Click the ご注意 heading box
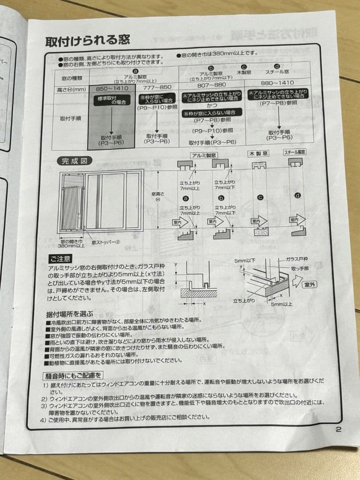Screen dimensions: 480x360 pos(60,259)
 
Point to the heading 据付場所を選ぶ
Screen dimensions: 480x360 pos(70,313)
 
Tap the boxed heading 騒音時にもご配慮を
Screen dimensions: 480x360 pos(73,376)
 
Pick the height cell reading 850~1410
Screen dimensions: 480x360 pos(112,88)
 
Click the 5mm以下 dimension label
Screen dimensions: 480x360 pos(244,261)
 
